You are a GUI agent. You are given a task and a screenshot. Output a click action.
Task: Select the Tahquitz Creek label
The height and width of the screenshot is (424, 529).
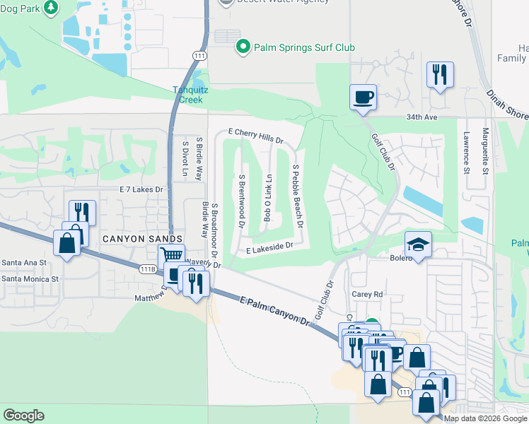click(188, 94)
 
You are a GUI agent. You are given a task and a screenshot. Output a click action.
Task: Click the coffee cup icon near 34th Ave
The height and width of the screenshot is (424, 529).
click(363, 97)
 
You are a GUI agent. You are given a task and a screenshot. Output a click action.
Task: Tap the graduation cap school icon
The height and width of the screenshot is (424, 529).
click(417, 245)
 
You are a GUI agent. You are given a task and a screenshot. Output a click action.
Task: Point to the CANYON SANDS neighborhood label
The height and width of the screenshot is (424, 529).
click(143, 239)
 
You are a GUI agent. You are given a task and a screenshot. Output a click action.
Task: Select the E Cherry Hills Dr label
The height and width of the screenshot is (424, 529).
click(255, 133)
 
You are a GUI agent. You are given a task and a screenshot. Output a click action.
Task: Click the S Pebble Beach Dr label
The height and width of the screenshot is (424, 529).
click(297, 196)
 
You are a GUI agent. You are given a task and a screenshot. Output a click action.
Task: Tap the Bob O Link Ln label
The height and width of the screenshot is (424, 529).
click(268, 199)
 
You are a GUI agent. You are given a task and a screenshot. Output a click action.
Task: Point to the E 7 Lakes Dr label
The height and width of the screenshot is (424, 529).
click(141, 189)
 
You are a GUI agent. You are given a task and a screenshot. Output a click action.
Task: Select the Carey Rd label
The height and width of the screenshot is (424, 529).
click(367, 294)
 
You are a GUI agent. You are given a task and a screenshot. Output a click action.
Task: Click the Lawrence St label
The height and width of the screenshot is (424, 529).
click(466, 151)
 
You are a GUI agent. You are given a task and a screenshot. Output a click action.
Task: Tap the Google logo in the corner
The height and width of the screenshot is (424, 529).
click(23, 416)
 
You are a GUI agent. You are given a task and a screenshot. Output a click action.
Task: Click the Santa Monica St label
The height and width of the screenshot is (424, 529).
click(30, 279)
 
